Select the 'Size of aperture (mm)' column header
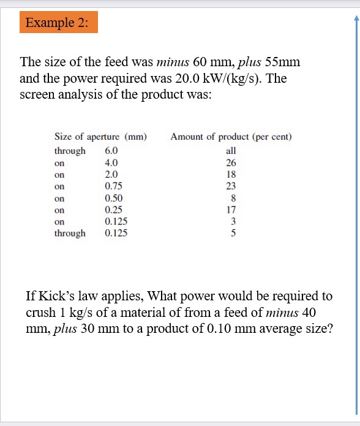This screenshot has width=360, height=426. [100, 136]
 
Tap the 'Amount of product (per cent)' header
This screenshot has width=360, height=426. [231, 136]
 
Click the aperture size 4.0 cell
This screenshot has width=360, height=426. [111, 163]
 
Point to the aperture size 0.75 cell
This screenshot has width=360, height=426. [113, 186]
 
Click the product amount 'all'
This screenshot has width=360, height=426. [231, 151]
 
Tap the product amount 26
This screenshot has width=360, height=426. [231, 163]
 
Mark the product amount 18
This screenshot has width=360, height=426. [231, 175]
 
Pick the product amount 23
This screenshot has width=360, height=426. [231, 186]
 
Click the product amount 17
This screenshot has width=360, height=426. [231, 210]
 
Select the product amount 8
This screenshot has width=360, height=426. [231, 198]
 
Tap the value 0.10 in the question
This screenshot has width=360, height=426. [223, 328]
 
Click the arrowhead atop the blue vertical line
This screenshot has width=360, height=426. [356, 17]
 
